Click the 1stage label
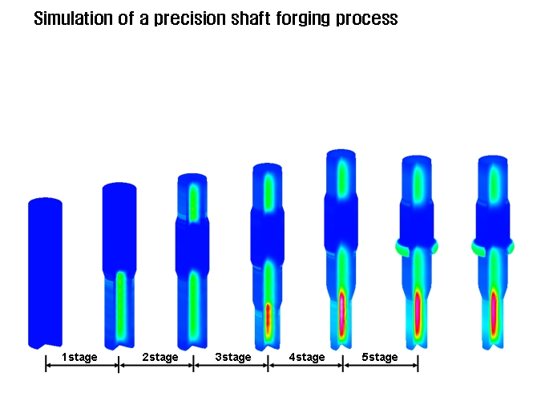[79, 357]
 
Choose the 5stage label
[379, 357]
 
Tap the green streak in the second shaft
[120, 305]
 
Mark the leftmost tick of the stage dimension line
[46, 366]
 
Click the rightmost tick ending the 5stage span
[418, 366]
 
